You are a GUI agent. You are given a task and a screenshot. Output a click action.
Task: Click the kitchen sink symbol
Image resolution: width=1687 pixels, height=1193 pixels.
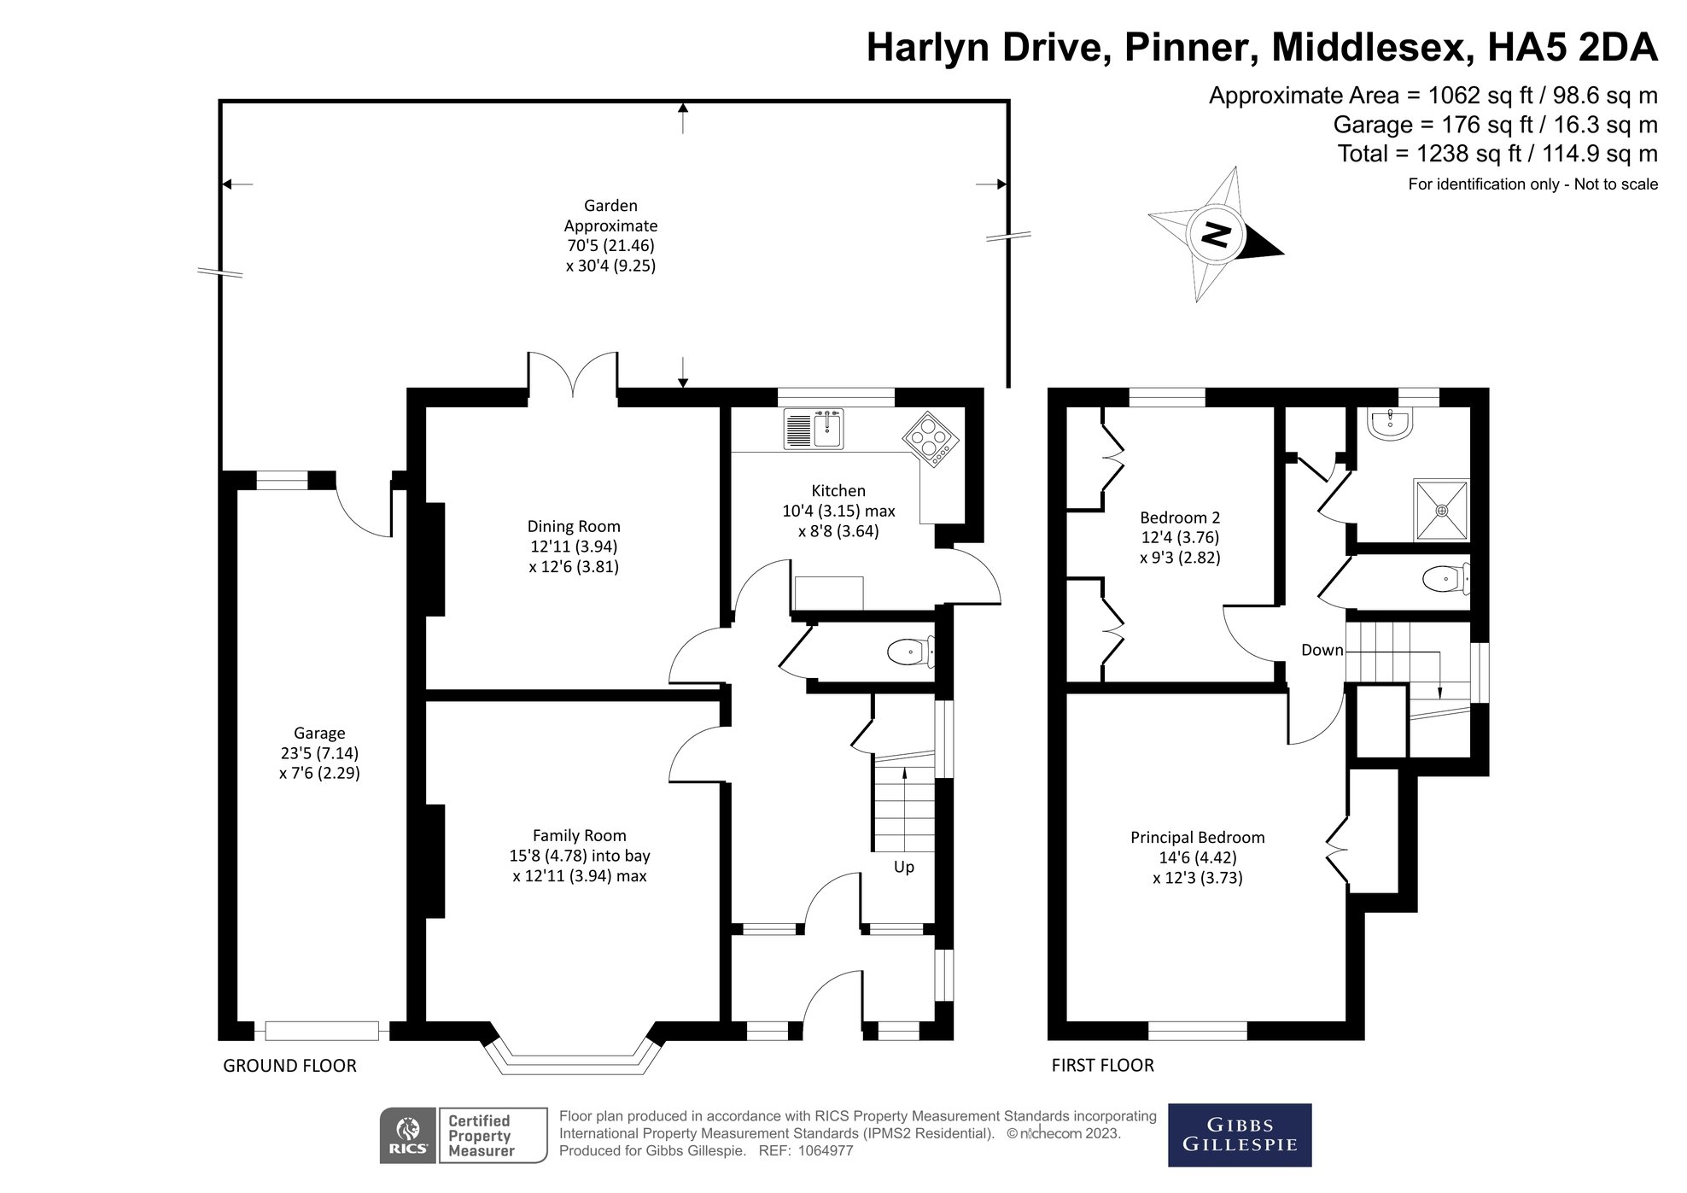click(x=814, y=429)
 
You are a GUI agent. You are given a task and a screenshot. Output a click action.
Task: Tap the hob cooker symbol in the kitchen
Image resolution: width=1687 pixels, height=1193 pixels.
click(x=931, y=440)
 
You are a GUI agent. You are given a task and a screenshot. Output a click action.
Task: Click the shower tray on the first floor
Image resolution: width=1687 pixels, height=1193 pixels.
click(x=1442, y=510)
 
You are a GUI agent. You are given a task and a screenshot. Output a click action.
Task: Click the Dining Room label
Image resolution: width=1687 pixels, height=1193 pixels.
click(x=574, y=527)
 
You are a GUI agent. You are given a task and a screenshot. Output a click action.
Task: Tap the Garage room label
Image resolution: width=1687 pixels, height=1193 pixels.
click(x=319, y=733)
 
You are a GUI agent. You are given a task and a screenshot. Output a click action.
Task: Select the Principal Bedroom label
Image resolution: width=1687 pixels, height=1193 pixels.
click(x=1197, y=838)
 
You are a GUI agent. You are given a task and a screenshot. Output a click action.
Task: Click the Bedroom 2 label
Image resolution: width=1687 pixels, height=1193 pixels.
click(x=1180, y=518)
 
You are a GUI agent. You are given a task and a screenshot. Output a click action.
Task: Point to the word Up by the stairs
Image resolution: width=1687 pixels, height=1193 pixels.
click(x=903, y=867)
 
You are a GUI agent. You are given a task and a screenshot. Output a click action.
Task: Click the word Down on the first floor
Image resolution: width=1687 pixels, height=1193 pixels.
click(x=1322, y=650)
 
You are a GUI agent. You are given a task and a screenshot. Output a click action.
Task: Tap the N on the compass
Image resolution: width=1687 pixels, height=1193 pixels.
click(x=1216, y=233)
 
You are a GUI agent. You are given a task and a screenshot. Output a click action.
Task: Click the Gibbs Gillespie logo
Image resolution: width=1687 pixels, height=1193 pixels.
click(x=1239, y=1135)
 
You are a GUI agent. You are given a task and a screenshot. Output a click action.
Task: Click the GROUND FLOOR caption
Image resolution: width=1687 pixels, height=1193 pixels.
click(x=289, y=1066)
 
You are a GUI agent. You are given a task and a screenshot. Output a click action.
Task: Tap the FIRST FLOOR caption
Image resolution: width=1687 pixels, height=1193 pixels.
click(x=1102, y=1066)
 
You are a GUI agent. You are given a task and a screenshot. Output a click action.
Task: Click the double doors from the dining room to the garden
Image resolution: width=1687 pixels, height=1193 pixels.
click(x=572, y=376)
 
